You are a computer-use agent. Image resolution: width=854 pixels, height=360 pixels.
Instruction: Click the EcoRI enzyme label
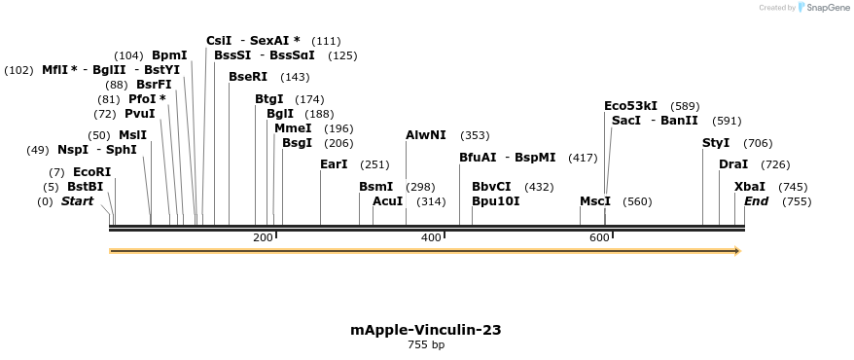click(x=92, y=172)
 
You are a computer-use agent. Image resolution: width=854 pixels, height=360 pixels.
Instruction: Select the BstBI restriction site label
click(x=85, y=187)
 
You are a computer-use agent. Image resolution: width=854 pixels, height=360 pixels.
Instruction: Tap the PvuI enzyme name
click(x=139, y=114)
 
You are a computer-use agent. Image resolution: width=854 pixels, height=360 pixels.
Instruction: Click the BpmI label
click(x=169, y=55)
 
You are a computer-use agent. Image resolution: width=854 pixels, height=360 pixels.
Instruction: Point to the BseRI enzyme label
click(x=248, y=77)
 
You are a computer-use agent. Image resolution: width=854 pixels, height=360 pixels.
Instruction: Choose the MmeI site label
click(x=293, y=128)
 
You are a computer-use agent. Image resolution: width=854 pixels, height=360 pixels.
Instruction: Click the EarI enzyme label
click(x=334, y=164)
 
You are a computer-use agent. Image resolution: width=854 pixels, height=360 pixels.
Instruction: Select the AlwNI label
click(x=426, y=135)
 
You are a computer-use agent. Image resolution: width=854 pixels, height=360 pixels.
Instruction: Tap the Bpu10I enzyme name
click(x=495, y=201)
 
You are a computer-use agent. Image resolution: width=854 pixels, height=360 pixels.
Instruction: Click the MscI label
click(x=595, y=201)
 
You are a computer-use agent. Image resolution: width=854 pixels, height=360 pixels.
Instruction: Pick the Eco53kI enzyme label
click(x=630, y=106)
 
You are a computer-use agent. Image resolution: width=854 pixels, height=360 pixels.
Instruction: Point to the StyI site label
click(x=716, y=143)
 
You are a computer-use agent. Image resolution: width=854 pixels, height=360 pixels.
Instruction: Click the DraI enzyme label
click(x=733, y=164)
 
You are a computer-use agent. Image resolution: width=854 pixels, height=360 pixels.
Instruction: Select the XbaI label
click(x=750, y=187)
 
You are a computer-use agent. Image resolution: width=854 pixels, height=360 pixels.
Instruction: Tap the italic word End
click(x=757, y=201)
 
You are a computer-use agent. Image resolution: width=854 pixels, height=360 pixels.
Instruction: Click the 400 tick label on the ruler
click(x=431, y=237)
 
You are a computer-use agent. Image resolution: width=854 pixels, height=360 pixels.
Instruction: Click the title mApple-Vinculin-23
click(x=426, y=330)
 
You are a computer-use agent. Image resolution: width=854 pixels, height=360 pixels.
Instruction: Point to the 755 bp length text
click(x=426, y=345)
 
